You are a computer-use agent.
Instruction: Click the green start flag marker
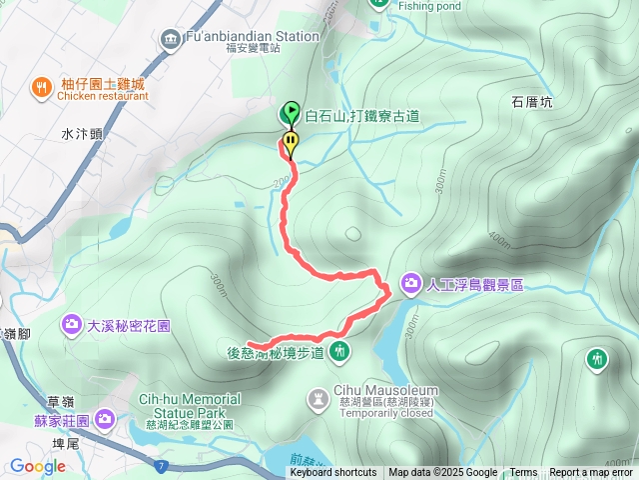291,112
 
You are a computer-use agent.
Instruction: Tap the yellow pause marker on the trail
291,142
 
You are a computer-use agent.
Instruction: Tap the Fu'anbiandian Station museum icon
168,38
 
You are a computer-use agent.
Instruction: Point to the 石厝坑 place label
532,101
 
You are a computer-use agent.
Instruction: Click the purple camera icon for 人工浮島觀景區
411,284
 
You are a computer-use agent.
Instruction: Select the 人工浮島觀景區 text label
474,285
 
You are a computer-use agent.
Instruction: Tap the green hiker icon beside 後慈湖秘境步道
340,351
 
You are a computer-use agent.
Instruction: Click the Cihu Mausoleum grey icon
319,398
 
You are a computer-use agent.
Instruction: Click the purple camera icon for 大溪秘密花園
72,324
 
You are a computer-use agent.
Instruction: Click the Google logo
37,466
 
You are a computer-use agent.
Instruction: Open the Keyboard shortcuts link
332,473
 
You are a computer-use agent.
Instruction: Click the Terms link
523,473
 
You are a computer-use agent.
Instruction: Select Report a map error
590,473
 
